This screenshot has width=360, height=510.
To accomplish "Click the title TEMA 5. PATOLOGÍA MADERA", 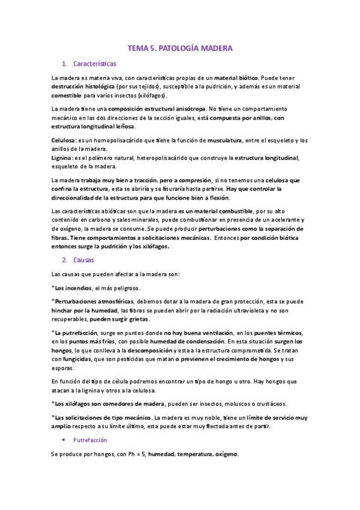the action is tap(180, 48).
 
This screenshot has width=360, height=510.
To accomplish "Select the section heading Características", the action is tap(94, 63).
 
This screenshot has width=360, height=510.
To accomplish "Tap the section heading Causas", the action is tap(85, 260).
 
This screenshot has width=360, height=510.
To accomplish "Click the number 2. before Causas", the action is tap(64, 260).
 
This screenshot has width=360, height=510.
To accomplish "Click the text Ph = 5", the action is tap(132, 455).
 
